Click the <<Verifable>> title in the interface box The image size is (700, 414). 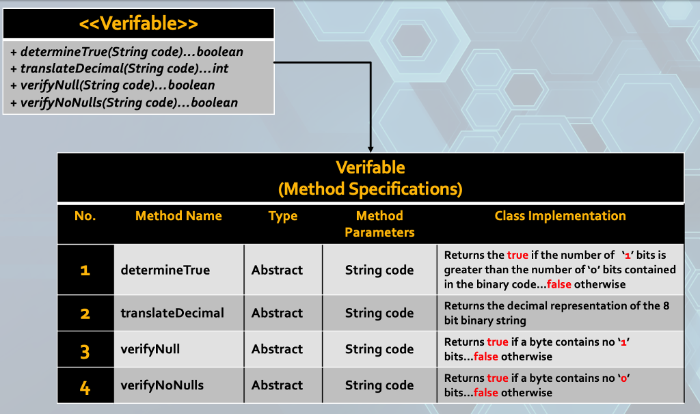click(x=139, y=24)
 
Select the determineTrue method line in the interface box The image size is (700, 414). click(x=127, y=52)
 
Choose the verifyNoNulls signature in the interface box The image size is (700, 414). click(x=124, y=102)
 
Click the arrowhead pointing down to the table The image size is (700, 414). click(x=371, y=148)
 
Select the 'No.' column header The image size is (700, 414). click(x=85, y=216)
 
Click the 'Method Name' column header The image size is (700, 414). click(x=178, y=216)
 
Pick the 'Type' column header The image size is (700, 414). click(x=282, y=216)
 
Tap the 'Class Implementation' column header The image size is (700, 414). click(x=560, y=216)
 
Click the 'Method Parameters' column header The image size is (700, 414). click(x=379, y=224)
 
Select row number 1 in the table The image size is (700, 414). click(x=85, y=271)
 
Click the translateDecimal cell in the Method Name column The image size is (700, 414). click(x=172, y=313)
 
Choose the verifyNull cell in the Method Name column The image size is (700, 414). click(x=150, y=349)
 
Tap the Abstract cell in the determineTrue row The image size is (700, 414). click(x=277, y=270)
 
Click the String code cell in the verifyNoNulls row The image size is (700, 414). click(x=379, y=385)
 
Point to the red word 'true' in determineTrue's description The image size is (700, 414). click(x=517, y=255)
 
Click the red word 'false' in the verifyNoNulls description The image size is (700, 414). click(x=486, y=393)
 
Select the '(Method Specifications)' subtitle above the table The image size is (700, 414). click(x=371, y=188)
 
